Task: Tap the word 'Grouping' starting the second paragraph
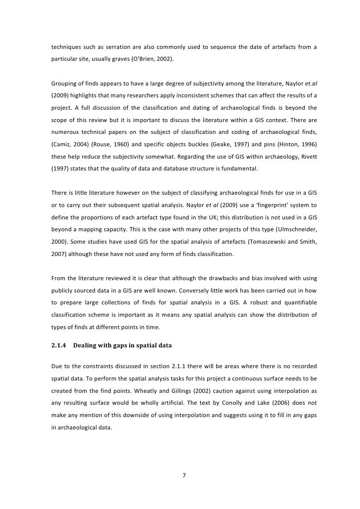(65, 82)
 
